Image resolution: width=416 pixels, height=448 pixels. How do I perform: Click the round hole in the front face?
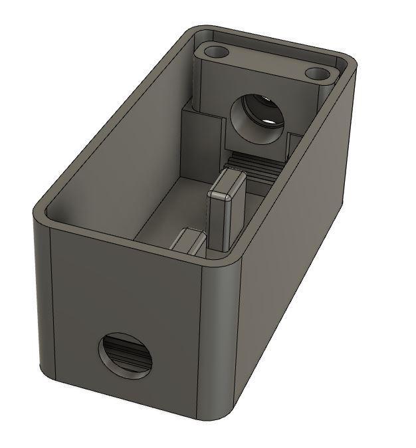(x=127, y=356)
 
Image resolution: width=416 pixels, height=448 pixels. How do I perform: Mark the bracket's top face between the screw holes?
(x=266, y=61)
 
